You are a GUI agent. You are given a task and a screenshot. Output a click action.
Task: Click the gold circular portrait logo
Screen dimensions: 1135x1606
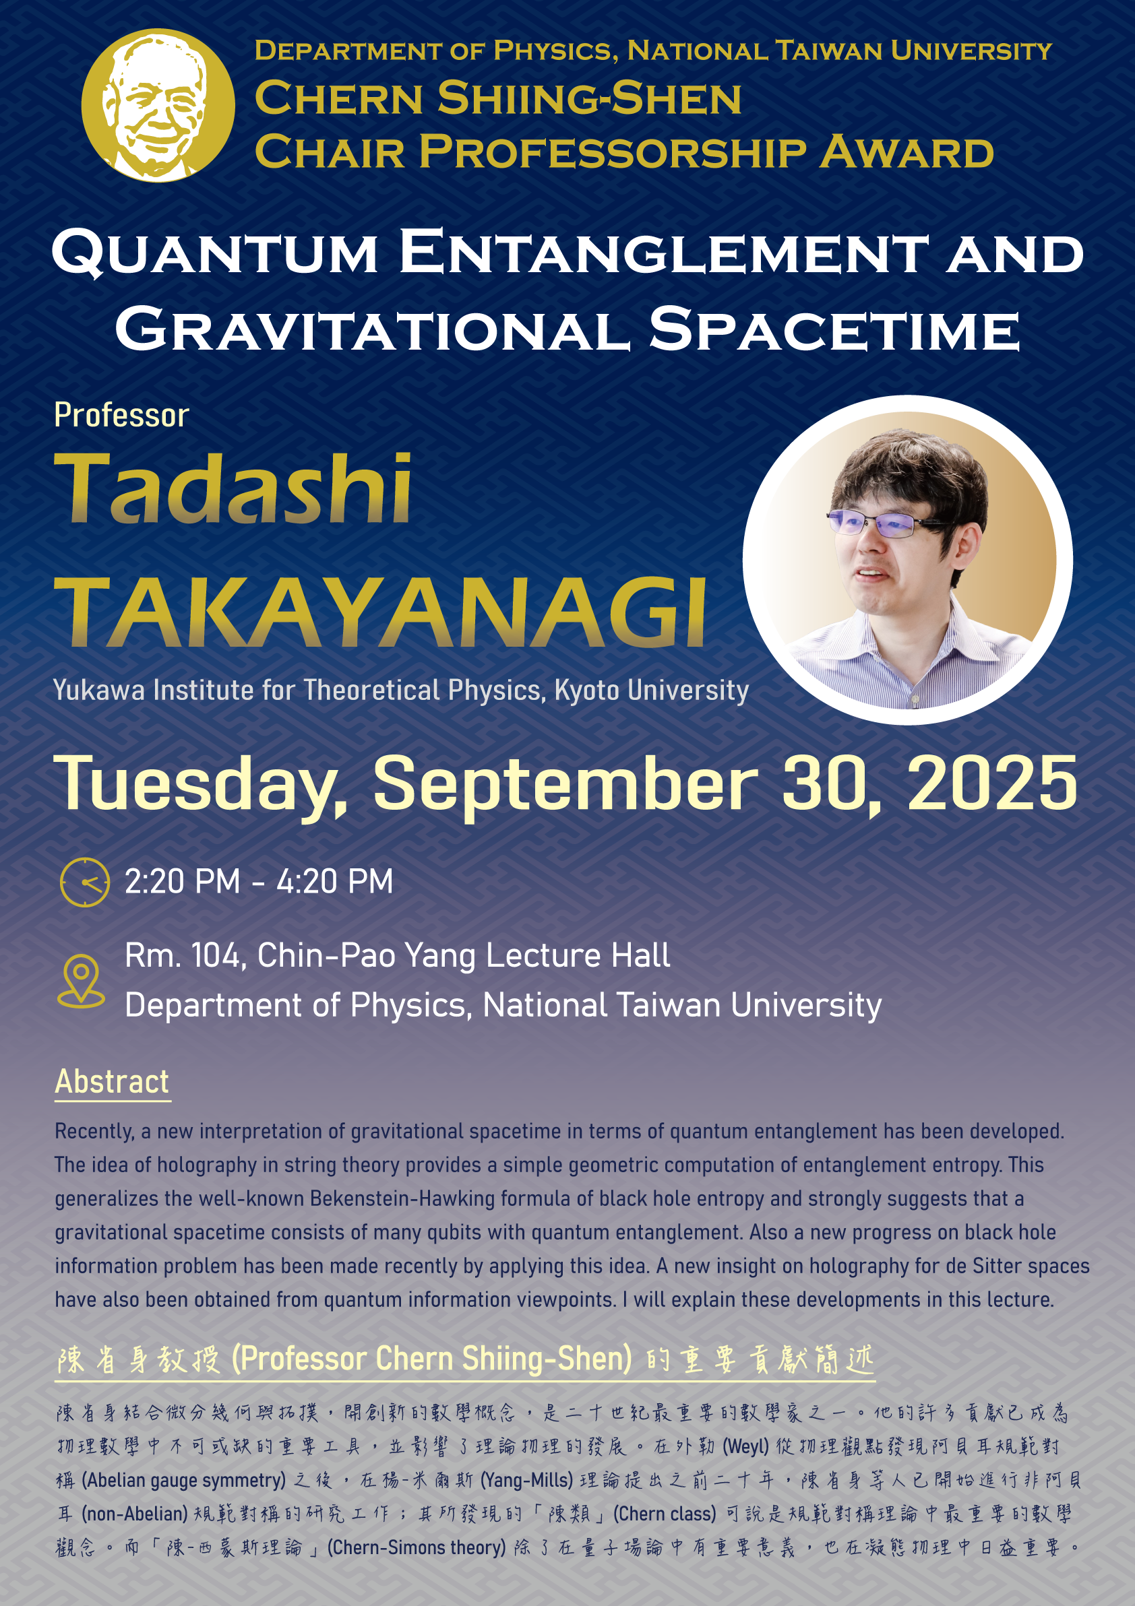158,105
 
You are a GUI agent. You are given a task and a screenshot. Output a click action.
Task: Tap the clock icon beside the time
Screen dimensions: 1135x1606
85,882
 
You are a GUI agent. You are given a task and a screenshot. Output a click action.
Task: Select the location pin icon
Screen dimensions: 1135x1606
81,981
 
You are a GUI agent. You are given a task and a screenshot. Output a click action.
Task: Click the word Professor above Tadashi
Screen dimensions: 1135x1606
122,416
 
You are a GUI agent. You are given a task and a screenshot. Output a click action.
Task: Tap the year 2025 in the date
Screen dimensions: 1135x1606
992,783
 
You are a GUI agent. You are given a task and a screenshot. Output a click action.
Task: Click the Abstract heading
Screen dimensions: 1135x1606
112,1081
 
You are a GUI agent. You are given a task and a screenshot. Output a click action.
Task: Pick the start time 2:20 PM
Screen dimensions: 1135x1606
183,881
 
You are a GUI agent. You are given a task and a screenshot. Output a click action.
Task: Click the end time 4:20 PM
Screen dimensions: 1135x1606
334,881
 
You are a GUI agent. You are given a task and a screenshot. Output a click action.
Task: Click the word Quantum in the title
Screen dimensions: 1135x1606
216,253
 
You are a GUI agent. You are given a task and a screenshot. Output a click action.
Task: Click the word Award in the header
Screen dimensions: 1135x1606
907,152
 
